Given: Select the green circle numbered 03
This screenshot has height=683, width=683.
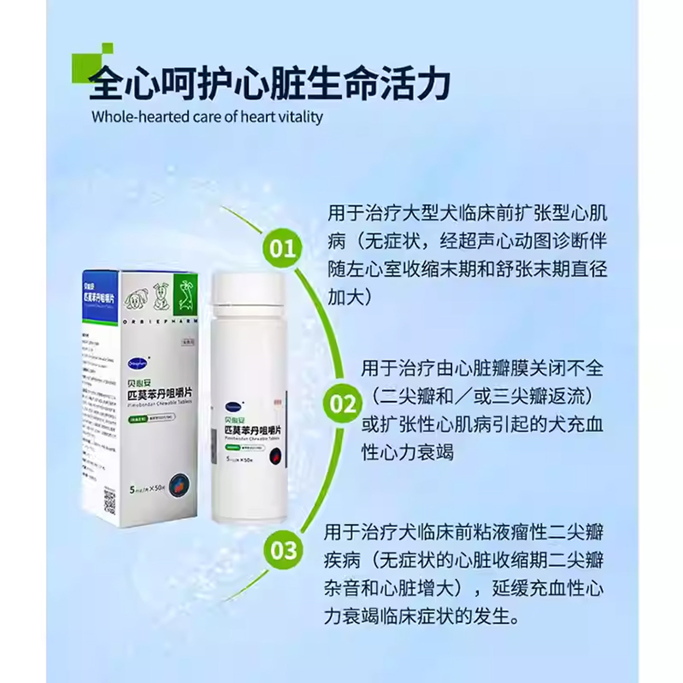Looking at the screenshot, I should [283, 550].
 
